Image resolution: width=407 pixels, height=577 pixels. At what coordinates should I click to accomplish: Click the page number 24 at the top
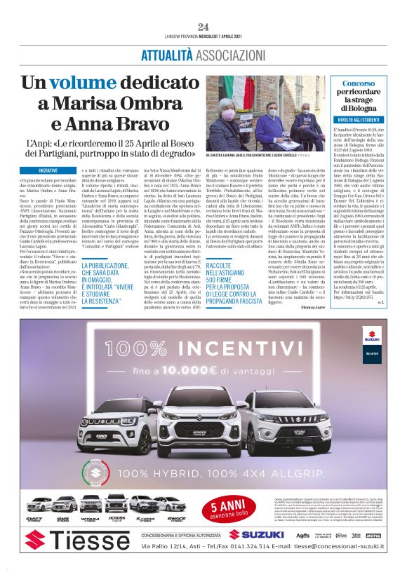[x=203, y=27]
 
